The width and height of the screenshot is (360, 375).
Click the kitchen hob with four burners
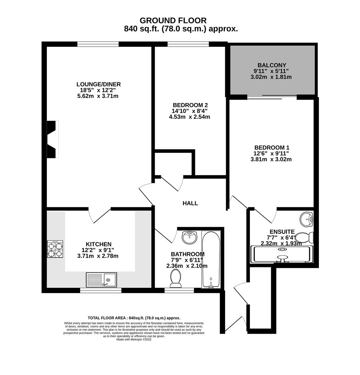(x=55, y=249)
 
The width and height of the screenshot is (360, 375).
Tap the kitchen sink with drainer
(x=101, y=279)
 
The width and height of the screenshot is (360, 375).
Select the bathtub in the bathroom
(x=211, y=259)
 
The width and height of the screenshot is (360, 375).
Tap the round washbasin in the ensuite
(x=306, y=218)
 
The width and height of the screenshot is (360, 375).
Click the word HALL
(x=190, y=203)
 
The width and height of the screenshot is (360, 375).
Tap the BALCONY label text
(x=272, y=65)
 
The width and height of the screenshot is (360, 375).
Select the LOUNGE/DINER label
(x=99, y=84)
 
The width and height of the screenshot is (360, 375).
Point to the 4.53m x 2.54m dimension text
(x=189, y=117)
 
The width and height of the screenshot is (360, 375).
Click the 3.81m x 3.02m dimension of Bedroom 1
(x=271, y=160)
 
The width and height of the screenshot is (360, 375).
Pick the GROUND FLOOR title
(x=173, y=20)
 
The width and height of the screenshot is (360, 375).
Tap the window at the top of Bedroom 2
(x=188, y=44)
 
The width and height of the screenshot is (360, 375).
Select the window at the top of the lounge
(x=98, y=44)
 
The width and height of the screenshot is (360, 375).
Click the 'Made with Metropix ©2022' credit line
(x=134, y=339)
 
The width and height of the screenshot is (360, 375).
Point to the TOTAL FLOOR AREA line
(x=134, y=318)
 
